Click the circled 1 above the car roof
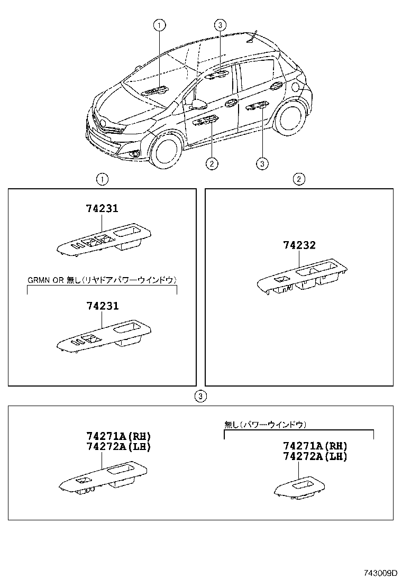pos(159,24)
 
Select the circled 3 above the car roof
pos(220,24)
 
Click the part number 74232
pos(299,245)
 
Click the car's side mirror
pos(199,104)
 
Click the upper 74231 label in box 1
pos(102,209)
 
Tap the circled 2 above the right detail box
pos(299,179)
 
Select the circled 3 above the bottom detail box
pos(199,396)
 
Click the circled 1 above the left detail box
pos(102,179)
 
